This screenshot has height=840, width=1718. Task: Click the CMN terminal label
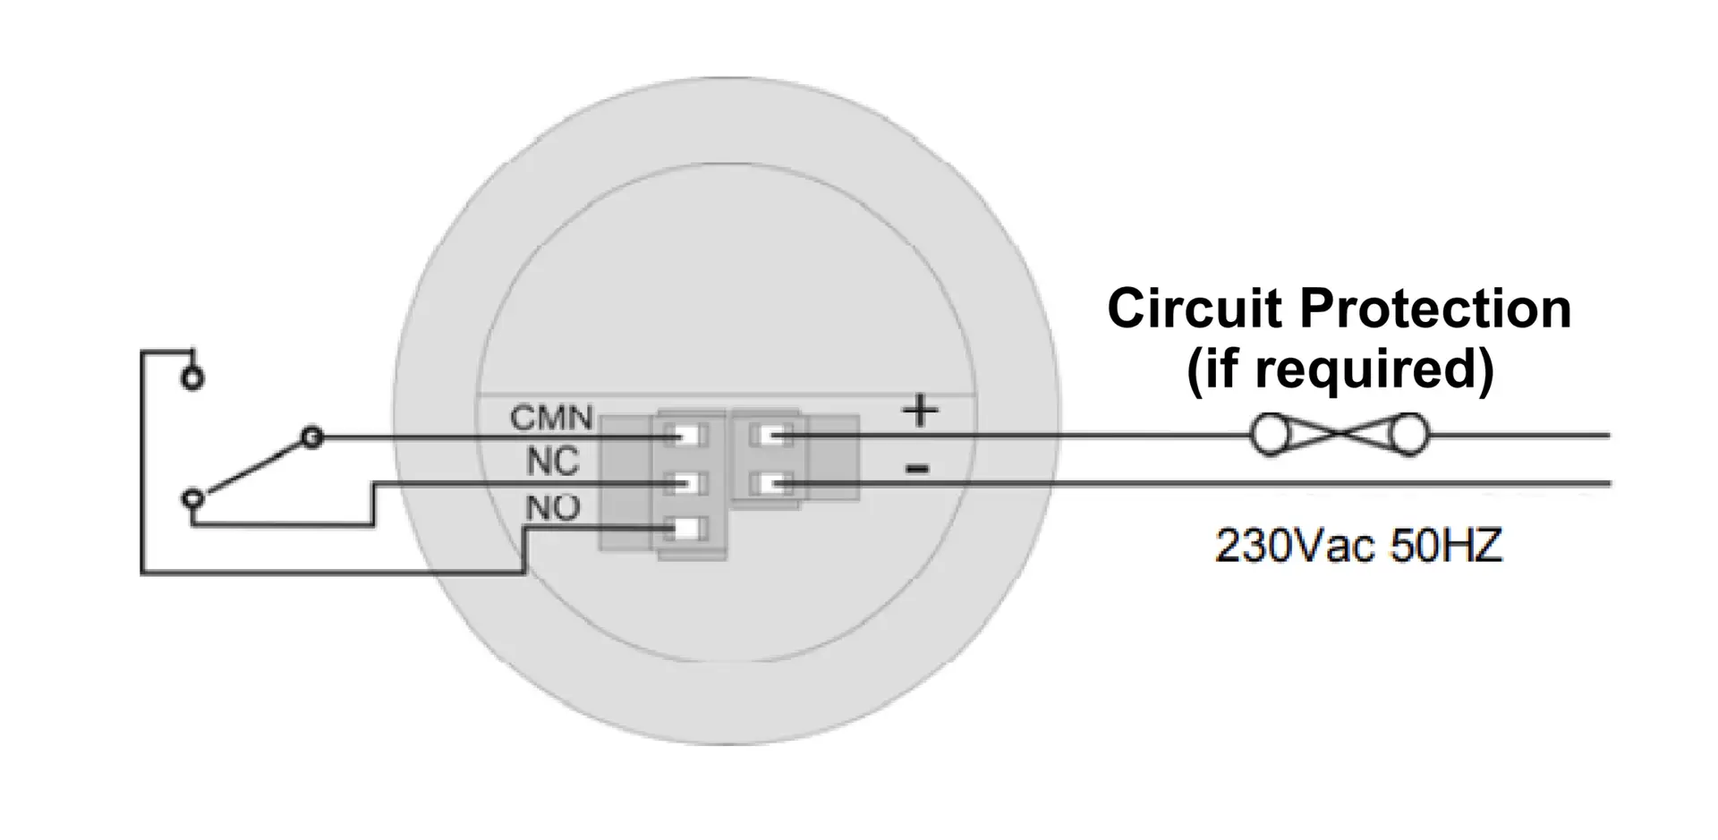[x=551, y=418]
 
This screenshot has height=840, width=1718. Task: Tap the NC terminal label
[x=553, y=462]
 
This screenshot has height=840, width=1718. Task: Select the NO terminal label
[x=553, y=508]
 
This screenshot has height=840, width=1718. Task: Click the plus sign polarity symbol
[x=920, y=412]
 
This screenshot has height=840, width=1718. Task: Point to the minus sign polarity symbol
[x=917, y=468]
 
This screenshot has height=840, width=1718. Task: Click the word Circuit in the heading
[x=1195, y=309]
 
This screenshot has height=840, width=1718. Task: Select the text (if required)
[x=1340, y=369]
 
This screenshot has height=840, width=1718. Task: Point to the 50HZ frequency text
[x=1446, y=545]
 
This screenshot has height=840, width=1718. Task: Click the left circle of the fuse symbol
[x=1269, y=436]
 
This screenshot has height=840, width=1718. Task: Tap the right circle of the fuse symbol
[x=1408, y=436]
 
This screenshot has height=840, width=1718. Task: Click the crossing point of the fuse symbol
[x=1339, y=436]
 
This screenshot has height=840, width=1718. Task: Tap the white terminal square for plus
[x=770, y=437]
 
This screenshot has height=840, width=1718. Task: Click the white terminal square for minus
[x=770, y=484]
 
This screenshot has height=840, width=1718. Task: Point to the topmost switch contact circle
[x=192, y=378]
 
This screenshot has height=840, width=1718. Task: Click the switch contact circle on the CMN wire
[x=311, y=437]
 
